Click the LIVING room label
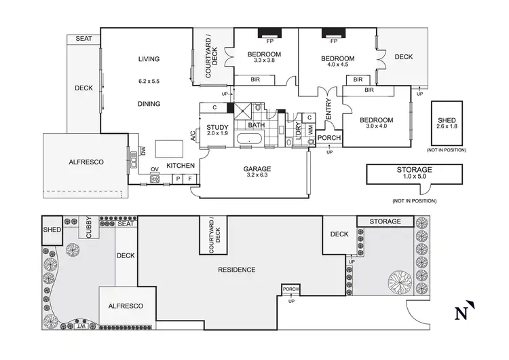pyautogui.click(x=149, y=59)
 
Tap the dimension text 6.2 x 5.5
pyautogui.click(x=149, y=82)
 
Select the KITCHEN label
pyautogui.click(x=181, y=166)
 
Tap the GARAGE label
pyautogui.click(x=257, y=168)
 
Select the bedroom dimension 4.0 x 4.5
pyautogui.click(x=337, y=66)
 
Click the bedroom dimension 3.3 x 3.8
pyautogui.click(x=263, y=61)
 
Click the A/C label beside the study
pyautogui.click(x=193, y=136)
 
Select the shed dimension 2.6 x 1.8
pyautogui.click(x=450, y=126)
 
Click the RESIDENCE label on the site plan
pyautogui.click(x=236, y=270)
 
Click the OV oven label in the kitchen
pyautogui.click(x=154, y=169)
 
